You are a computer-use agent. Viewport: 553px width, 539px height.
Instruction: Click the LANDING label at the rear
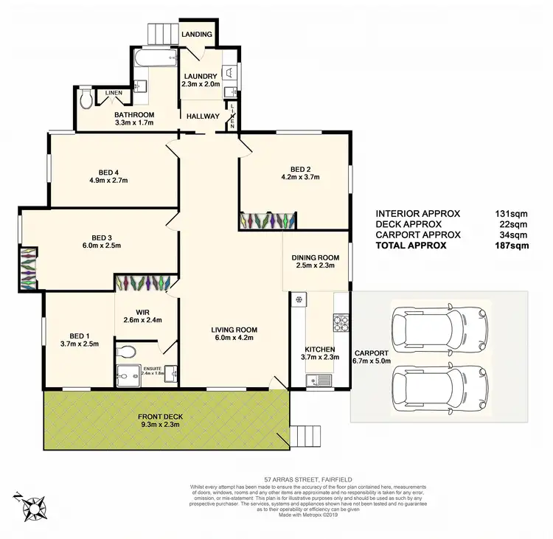coord(198,35)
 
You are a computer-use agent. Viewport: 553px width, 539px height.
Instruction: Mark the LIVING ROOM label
coord(232,330)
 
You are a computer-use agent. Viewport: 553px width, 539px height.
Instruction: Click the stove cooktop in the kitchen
coord(341,322)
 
